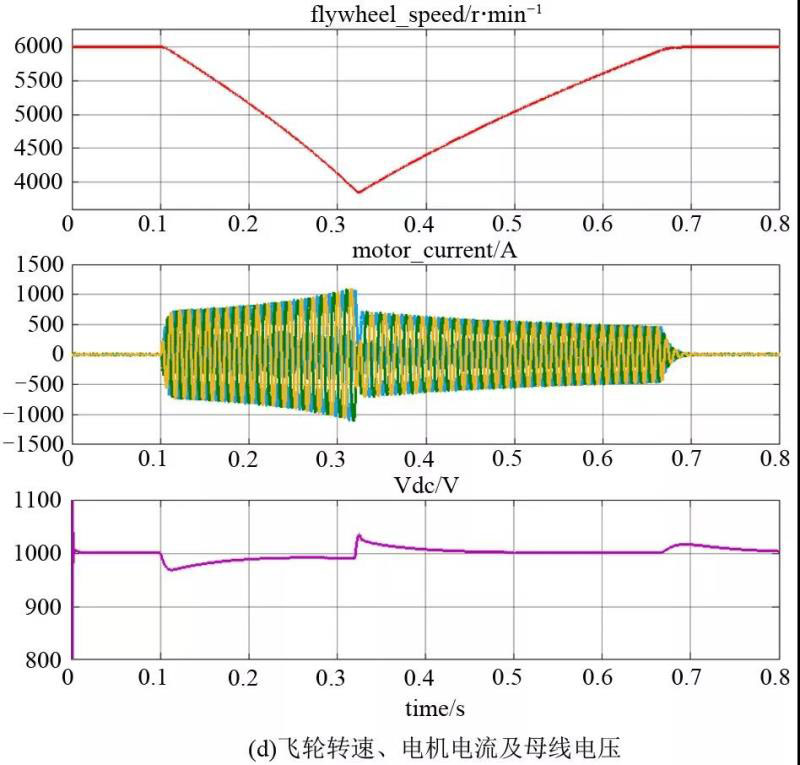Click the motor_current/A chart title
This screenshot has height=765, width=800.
420,250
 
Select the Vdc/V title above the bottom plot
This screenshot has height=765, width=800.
421,487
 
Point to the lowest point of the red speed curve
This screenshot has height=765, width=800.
358,192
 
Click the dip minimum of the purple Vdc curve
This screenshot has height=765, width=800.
170,570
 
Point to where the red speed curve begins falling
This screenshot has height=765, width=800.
162,47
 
